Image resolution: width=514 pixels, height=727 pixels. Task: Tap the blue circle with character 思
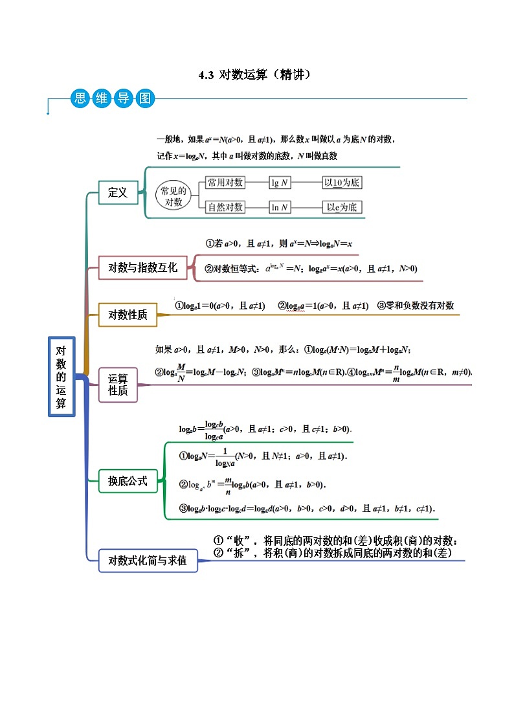pos(80,98)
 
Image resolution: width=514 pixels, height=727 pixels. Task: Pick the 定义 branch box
pos(118,192)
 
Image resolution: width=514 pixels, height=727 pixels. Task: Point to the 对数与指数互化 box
pos(142,267)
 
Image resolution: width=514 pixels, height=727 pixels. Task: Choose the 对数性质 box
pos(128,315)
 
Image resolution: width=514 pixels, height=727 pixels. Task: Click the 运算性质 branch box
pos(118,385)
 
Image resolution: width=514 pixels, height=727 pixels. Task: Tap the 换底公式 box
pos(128,481)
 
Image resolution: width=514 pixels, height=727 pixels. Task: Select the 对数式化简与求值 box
pos(148,561)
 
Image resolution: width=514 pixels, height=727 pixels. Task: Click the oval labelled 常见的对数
pos(173,196)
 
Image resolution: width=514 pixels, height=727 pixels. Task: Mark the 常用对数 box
pos(225,183)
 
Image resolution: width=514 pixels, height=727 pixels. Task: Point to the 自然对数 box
pos(225,207)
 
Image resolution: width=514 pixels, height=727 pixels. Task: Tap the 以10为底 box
pos(342,183)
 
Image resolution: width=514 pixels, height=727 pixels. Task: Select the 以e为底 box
pos(342,207)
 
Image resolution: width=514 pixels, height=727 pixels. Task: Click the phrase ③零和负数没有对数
pos(416,306)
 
